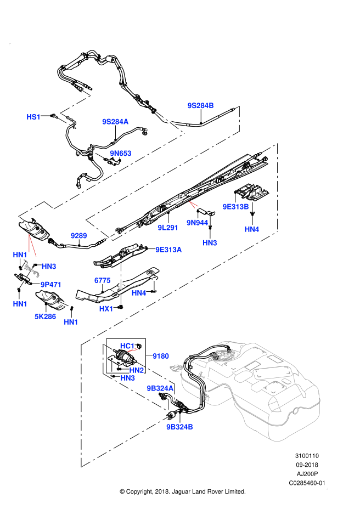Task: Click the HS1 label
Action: (x=33, y=117)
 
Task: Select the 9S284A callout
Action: (x=115, y=122)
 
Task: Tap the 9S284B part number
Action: (x=200, y=105)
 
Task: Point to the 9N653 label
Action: (x=121, y=154)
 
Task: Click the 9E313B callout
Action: (x=235, y=207)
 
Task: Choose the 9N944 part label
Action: (x=197, y=223)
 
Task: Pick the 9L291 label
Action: (x=168, y=228)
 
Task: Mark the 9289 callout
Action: (x=79, y=236)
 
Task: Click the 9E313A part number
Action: (x=168, y=250)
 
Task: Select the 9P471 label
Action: (x=51, y=285)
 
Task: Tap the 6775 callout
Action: (x=103, y=280)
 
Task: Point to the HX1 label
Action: (x=106, y=309)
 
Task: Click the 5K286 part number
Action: (x=46, y=316)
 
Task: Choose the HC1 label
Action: (x=127, y=346)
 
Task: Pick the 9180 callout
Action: (x=161, y=356)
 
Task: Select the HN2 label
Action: (x=137, y=370)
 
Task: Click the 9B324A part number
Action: (x=160, y=388)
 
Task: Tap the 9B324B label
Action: (x=179, y=427)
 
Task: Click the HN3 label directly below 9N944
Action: (x=210, y=243)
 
